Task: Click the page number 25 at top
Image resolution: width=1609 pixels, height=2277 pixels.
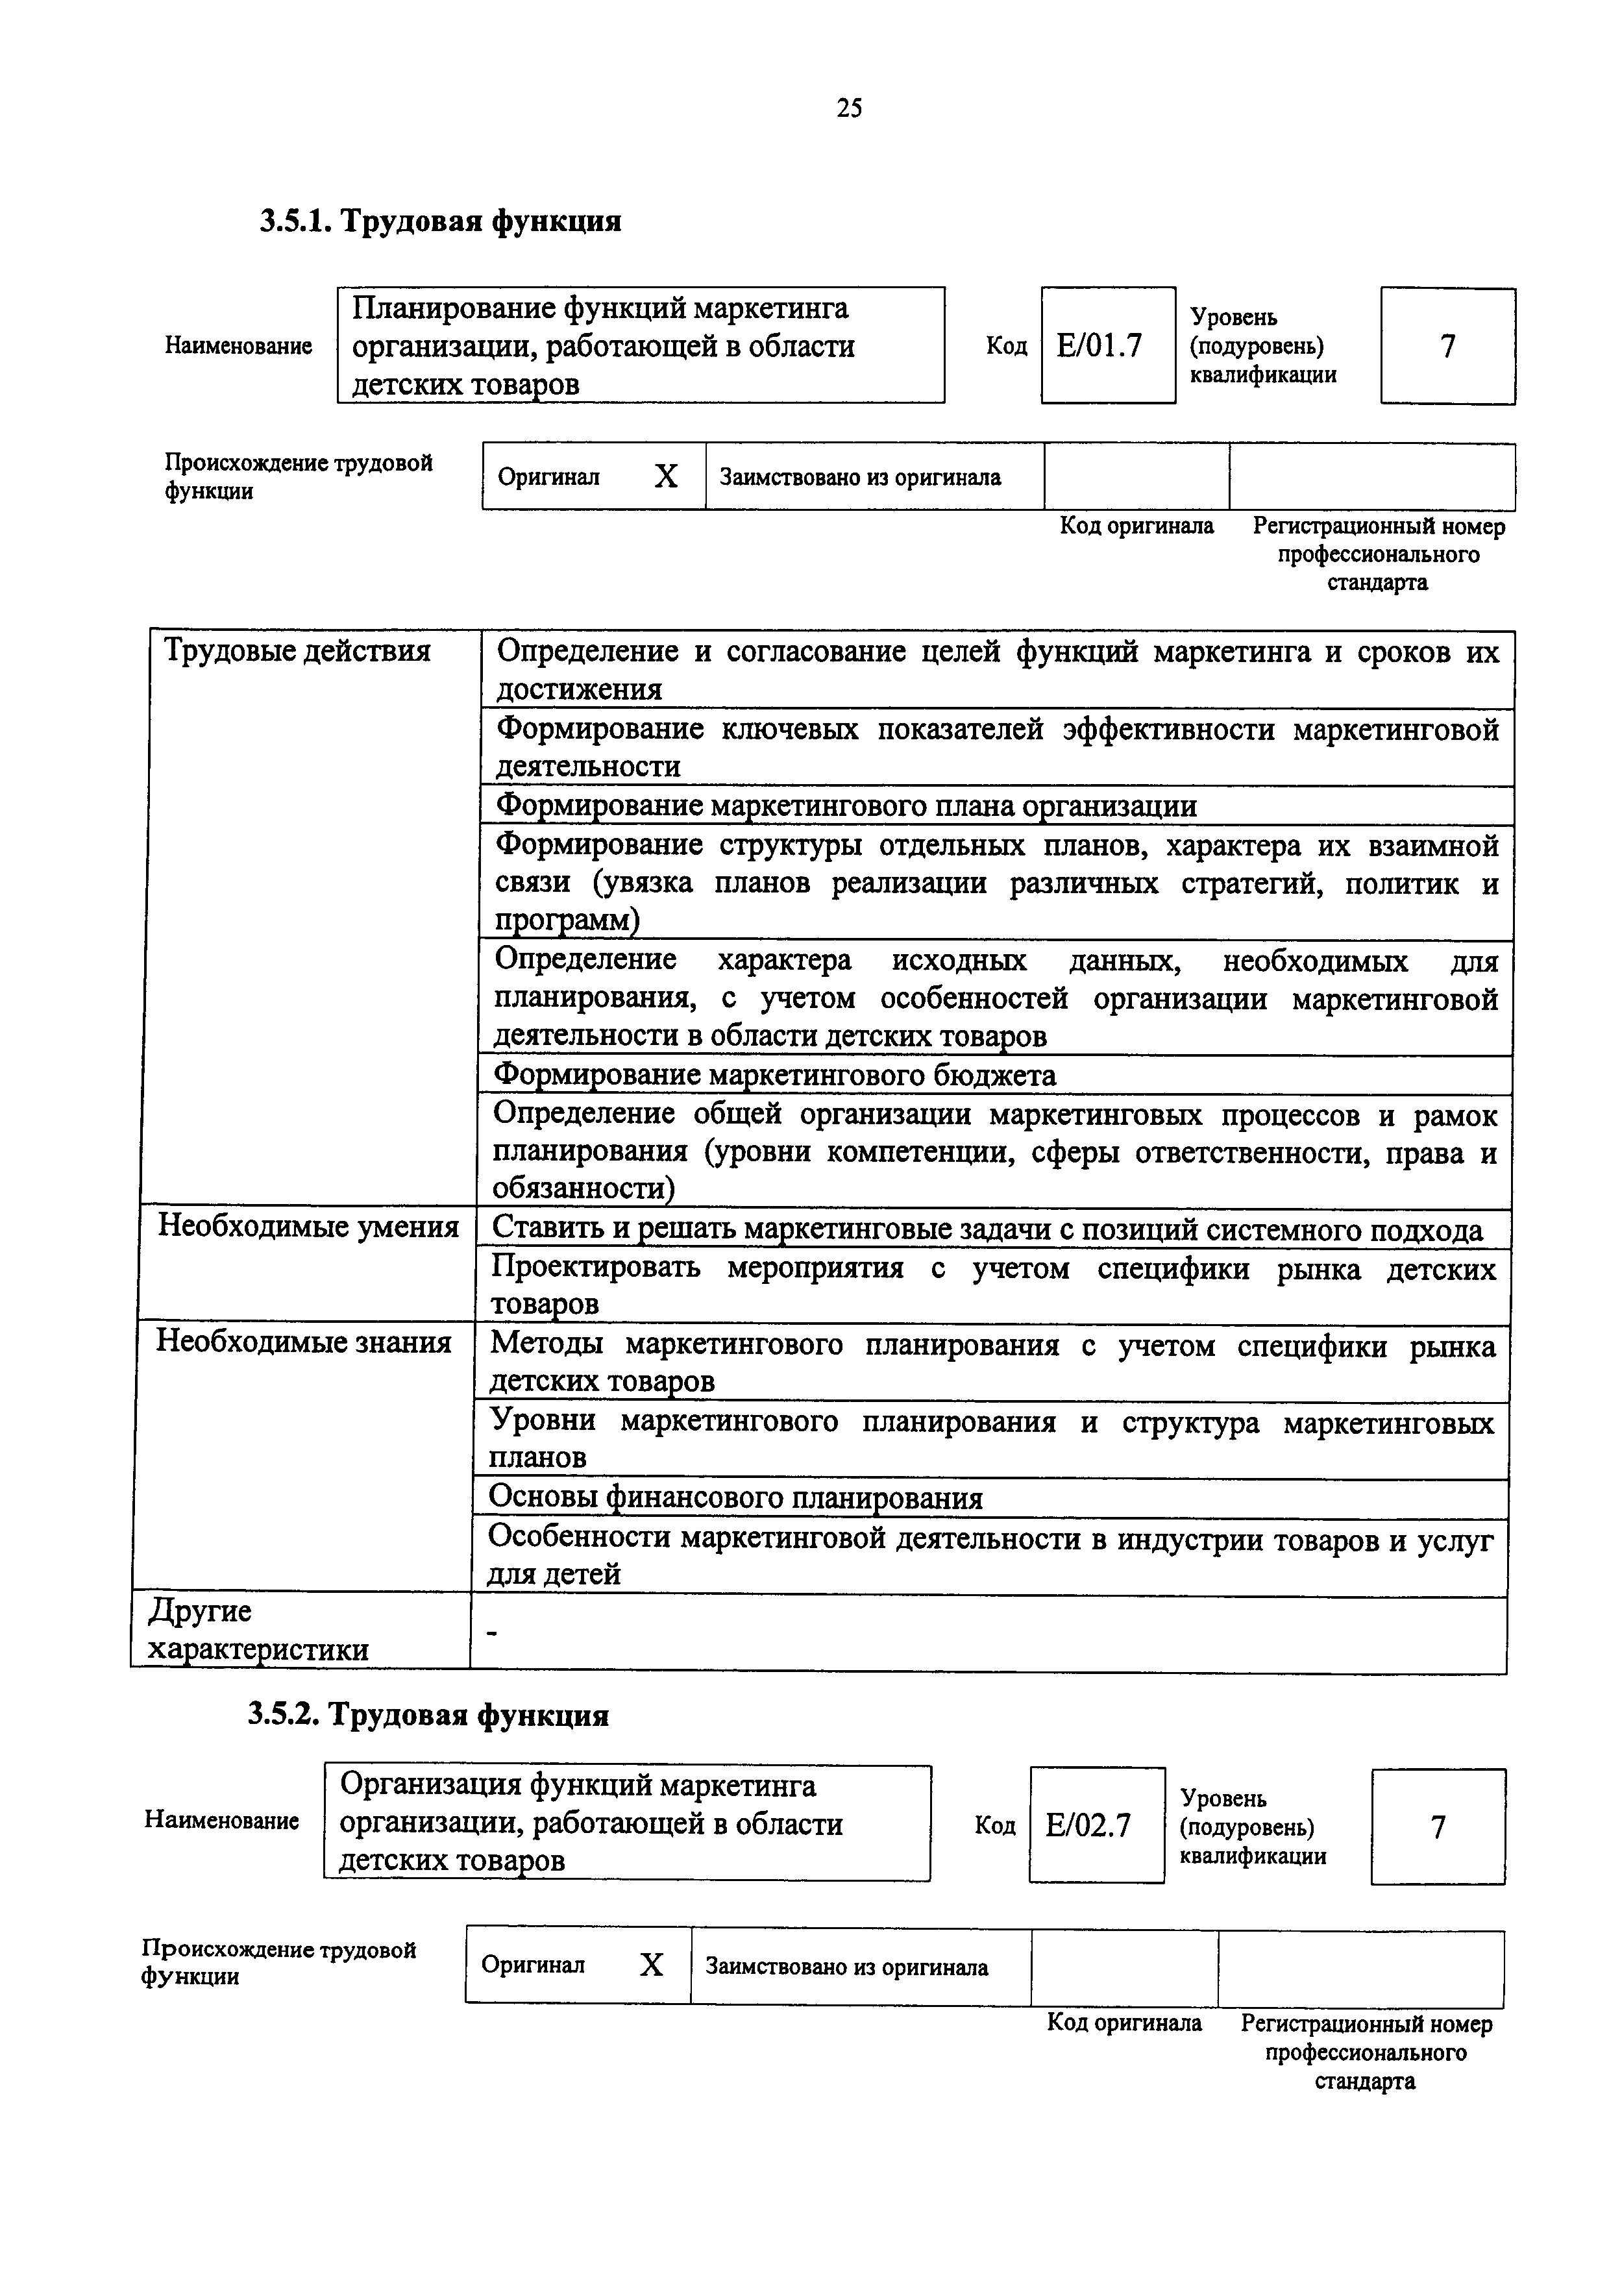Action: click(848, 108)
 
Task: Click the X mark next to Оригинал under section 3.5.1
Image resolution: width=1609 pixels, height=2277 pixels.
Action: click(666, 477)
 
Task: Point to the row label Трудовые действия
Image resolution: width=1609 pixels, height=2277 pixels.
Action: click(297, 652)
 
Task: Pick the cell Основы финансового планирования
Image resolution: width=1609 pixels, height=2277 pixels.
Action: click(735, 1497)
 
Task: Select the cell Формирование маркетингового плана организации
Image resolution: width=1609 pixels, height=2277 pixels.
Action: click(846, 806)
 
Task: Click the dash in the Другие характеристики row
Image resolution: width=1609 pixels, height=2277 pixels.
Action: click(493, 1631)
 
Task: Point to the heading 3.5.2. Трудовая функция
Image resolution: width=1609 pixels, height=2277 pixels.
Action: click(428, 1714)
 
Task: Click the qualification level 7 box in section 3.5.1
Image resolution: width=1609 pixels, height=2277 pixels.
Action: click(1447, 346)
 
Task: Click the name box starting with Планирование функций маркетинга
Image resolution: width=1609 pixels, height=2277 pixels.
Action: click(641, 345)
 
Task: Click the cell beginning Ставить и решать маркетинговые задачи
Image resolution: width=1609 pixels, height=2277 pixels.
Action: click(987, 1230)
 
